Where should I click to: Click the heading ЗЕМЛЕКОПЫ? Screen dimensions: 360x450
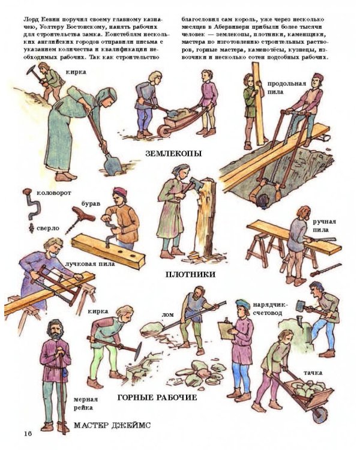click(x=173, y=154)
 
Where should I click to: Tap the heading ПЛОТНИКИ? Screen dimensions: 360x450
click(x=190, y=275)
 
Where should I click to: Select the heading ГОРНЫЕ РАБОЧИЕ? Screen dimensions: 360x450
click(x=157, y=397)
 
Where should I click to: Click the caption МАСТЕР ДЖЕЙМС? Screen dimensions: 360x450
click(x=112, y=425)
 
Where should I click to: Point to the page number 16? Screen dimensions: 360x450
click(x=28, y=433)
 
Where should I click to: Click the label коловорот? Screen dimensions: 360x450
click(x=53, y=193)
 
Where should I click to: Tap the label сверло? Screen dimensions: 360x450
click(x=48, y=229)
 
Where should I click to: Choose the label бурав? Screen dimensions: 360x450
click(x=91, y=203)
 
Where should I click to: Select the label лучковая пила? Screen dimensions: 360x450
click(x=90, y=263)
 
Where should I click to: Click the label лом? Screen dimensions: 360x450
click(x=168, y=315)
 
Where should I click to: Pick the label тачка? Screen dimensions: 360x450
click(x=313, y=373)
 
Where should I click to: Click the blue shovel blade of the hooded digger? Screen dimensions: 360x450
click(x=112, y=164)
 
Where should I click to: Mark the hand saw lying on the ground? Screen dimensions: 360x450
click(x=326, y=270)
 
